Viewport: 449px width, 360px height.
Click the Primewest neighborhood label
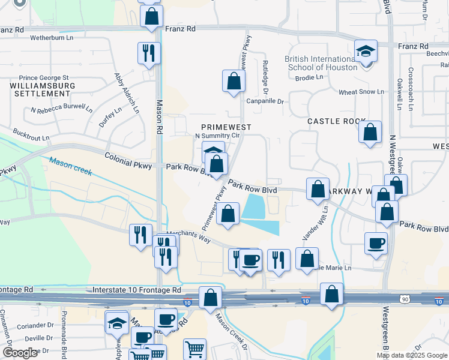click(226, 127)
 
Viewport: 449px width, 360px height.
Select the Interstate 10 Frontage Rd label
click(137, 290)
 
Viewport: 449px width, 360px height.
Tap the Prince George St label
click(44, 77)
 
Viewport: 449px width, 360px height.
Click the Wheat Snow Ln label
click(361, 92)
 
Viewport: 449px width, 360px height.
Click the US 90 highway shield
click(405, 298)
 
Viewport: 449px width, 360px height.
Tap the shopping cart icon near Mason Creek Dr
click(195, 348)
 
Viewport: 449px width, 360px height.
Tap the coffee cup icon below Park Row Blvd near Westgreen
click(376, 243)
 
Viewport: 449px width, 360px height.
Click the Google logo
click(20, 353)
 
